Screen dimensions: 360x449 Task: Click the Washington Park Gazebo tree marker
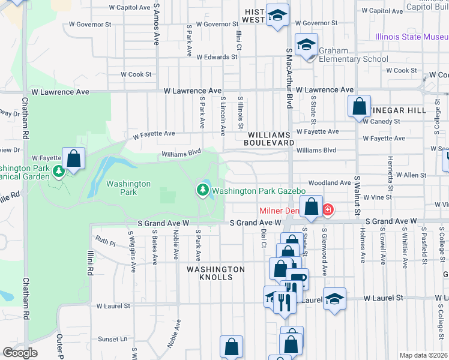[203, 191]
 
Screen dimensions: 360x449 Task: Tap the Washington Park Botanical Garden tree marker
[58, 172]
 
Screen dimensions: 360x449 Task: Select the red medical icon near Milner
[328, 210]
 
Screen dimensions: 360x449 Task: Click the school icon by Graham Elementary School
[306, 46]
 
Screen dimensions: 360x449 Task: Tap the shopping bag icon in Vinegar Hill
[358, 107]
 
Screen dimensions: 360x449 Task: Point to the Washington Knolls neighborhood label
[215, 274]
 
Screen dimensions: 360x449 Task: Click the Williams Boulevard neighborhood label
[269, 139]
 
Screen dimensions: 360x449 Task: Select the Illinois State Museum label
[412, 37]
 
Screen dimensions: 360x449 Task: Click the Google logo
[20, 353]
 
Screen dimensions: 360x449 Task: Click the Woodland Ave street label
[329, 182]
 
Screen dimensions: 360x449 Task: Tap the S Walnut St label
[357, 195]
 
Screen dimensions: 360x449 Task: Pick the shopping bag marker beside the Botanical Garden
[74, 159]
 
